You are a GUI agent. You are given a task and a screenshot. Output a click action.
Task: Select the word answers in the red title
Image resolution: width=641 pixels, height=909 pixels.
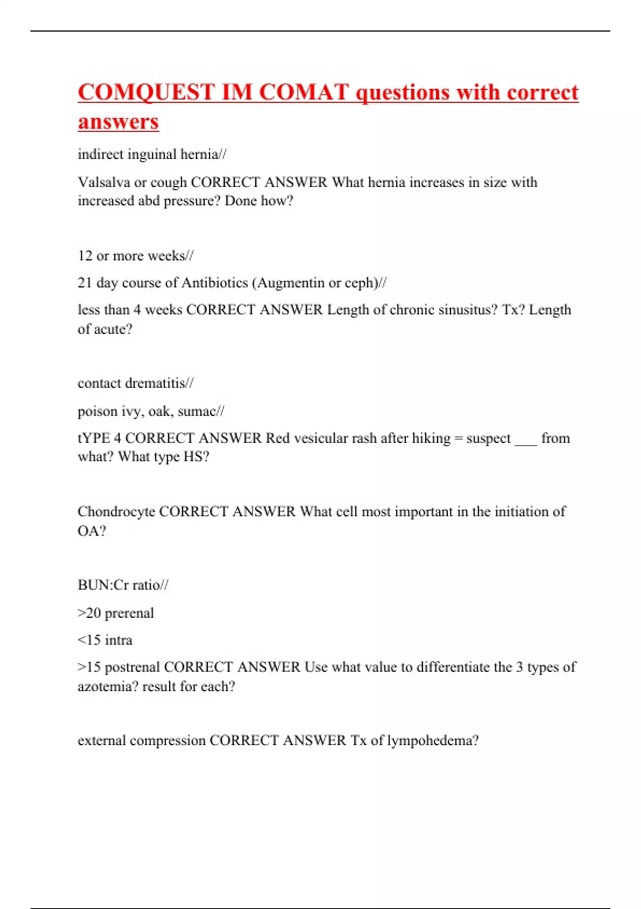click(x=118, y=122)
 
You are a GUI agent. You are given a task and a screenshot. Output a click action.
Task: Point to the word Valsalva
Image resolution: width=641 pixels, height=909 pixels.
click(x=104, y=182)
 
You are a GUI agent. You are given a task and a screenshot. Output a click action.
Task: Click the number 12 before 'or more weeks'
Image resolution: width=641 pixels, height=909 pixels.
click(x=85, y=256)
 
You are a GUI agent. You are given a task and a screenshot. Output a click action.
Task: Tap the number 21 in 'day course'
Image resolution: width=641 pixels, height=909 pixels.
click(x=85, y=283)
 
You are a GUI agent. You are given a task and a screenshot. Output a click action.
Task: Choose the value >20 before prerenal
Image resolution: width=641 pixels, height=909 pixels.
click(x=89, y=613)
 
